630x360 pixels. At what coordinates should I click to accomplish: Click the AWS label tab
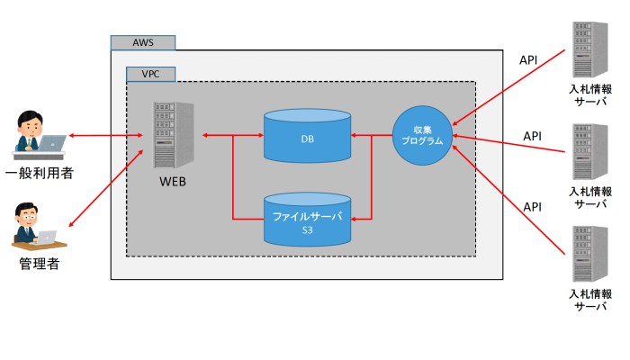pos(143,42)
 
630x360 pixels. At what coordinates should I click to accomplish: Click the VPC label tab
pos(151,75)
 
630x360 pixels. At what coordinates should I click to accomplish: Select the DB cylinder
pos(307,137)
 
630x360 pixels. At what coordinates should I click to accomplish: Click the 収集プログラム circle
pos(422,136)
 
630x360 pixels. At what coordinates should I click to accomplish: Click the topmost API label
pos(530,59)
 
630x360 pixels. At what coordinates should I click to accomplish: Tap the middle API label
pos(533,136)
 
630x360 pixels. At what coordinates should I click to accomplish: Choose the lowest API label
pos(533,207)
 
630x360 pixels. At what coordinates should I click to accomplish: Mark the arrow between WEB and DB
pos(232,136)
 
